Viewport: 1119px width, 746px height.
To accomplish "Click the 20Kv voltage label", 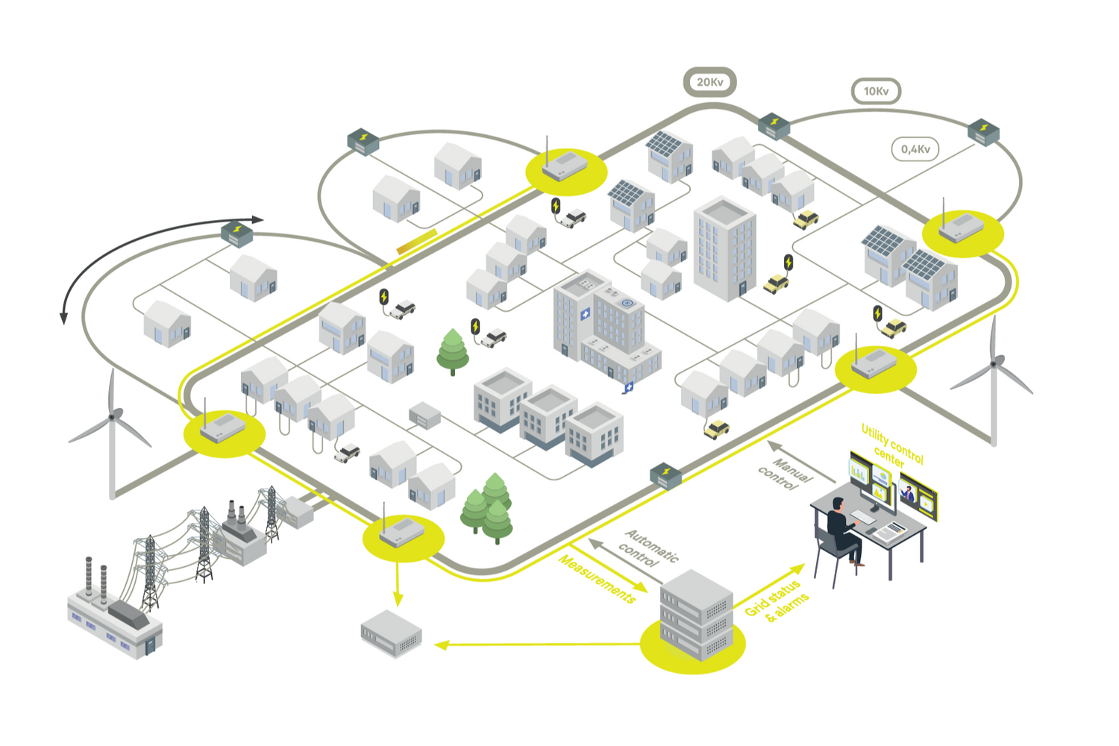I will (x=709, y=82).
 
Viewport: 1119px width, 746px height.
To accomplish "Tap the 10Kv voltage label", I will (x=876, y=91).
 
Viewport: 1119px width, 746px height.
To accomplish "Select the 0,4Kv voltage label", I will (x=915, y=149).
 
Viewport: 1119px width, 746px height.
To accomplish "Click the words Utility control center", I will (x=892, y=445).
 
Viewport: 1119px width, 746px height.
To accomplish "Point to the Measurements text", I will (x=597, y=580).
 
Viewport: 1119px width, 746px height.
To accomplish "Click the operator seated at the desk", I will (x=844, y=530).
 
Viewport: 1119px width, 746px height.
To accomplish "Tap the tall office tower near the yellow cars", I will (x=724, y=248).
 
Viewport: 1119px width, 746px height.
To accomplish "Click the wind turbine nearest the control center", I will (x=993, y=380).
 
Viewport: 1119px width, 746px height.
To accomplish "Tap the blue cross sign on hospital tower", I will (x=586, y=314).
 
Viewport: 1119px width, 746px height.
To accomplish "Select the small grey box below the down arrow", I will (x=391, y=634).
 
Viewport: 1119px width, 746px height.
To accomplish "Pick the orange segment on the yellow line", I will (x=416, y=242).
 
